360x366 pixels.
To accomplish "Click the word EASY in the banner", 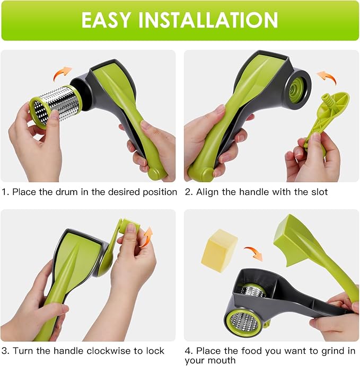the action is (106, 20).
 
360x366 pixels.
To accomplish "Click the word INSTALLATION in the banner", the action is (208, 20).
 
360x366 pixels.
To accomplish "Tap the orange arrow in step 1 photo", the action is (62, 73).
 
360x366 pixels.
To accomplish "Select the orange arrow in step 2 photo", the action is (327, 78).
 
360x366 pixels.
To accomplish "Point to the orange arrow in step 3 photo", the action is (146, 237).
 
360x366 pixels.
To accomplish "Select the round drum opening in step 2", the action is (298, 88).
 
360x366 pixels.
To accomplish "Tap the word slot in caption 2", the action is (319, 192).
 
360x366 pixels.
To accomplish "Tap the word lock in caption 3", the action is (155, 351).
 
